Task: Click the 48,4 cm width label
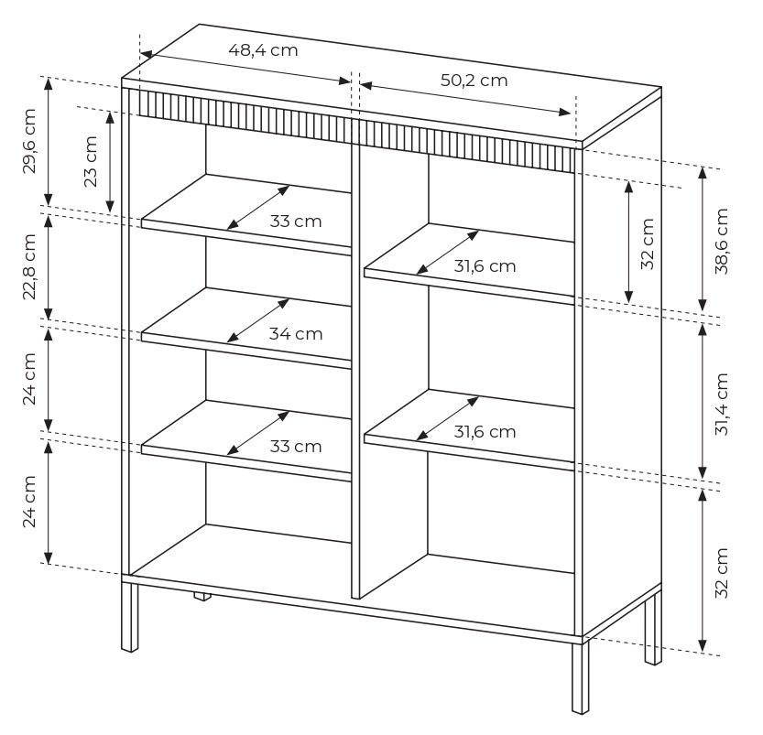coord(263,50)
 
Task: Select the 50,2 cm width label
coord(474,81)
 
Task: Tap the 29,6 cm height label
coord(29,141)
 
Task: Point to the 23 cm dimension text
coord(91,161)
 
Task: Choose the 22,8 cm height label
coord(29,267)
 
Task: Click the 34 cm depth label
coord(296,334)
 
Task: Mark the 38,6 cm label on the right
coord(722,241)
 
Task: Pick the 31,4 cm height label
coord(722,404)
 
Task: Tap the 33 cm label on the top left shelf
coord(296,222)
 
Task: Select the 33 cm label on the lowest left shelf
coord(296,447)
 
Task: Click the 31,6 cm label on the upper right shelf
coord(485,266)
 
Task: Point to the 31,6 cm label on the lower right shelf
coord(485,431)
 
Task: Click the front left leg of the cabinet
coord(129,617)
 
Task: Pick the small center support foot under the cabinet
coord(202,597)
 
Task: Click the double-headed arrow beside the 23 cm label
coord(111,162)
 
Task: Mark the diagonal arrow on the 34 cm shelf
coord(258,320)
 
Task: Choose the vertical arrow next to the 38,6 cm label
coord(703,239)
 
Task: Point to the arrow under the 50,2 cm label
coord(465,99)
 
